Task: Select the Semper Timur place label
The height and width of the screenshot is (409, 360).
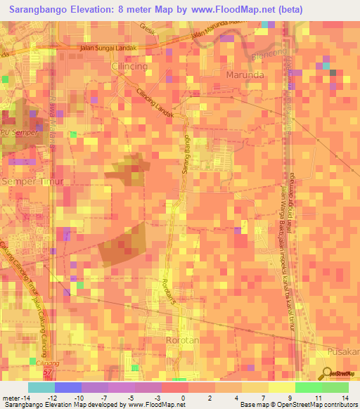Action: pyautogui.click(x=32, y=181)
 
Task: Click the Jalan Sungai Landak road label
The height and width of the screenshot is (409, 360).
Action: pyautogui.click(x=108, y=48)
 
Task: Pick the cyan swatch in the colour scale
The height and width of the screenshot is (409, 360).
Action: pyautogui.click(x=41, y=387)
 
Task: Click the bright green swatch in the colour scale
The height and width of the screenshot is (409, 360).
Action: pyautogui.click(x=309, y=387)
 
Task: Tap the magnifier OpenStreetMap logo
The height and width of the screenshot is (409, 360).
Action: pyautogui.click(x=327, y=373)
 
